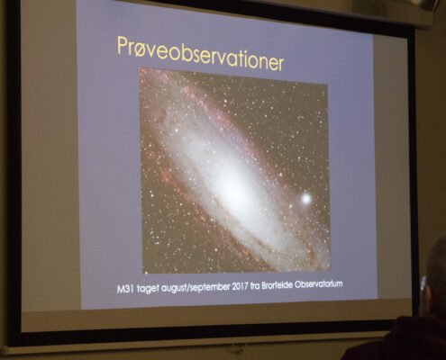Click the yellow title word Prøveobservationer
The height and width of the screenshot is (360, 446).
pyautogui.click(x=200, y=54)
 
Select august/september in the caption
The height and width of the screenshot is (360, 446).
pyautogui.click(x=196, y=287)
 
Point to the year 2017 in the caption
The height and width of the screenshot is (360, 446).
pyautogui.click(x=240, y=286)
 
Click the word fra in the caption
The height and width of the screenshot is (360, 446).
pyautogui.click(x=255, y=285)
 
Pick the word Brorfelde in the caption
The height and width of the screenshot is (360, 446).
pyautogui.click(x=277, y=285)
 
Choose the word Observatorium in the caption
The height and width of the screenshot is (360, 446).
pyautogui.click(x=319, y=283)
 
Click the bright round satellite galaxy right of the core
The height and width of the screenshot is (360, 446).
pyautogui.click(x=306, y=198)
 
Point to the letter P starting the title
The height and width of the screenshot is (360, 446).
pyautogui.click(x=123, y=45)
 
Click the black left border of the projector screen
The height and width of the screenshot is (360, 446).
pyautogui.click(x=14, y=171)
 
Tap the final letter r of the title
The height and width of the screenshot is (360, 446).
pyautogui.click(x=280, y=64)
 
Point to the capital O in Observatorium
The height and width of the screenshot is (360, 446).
pyautogui.click(x=298, y=284)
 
